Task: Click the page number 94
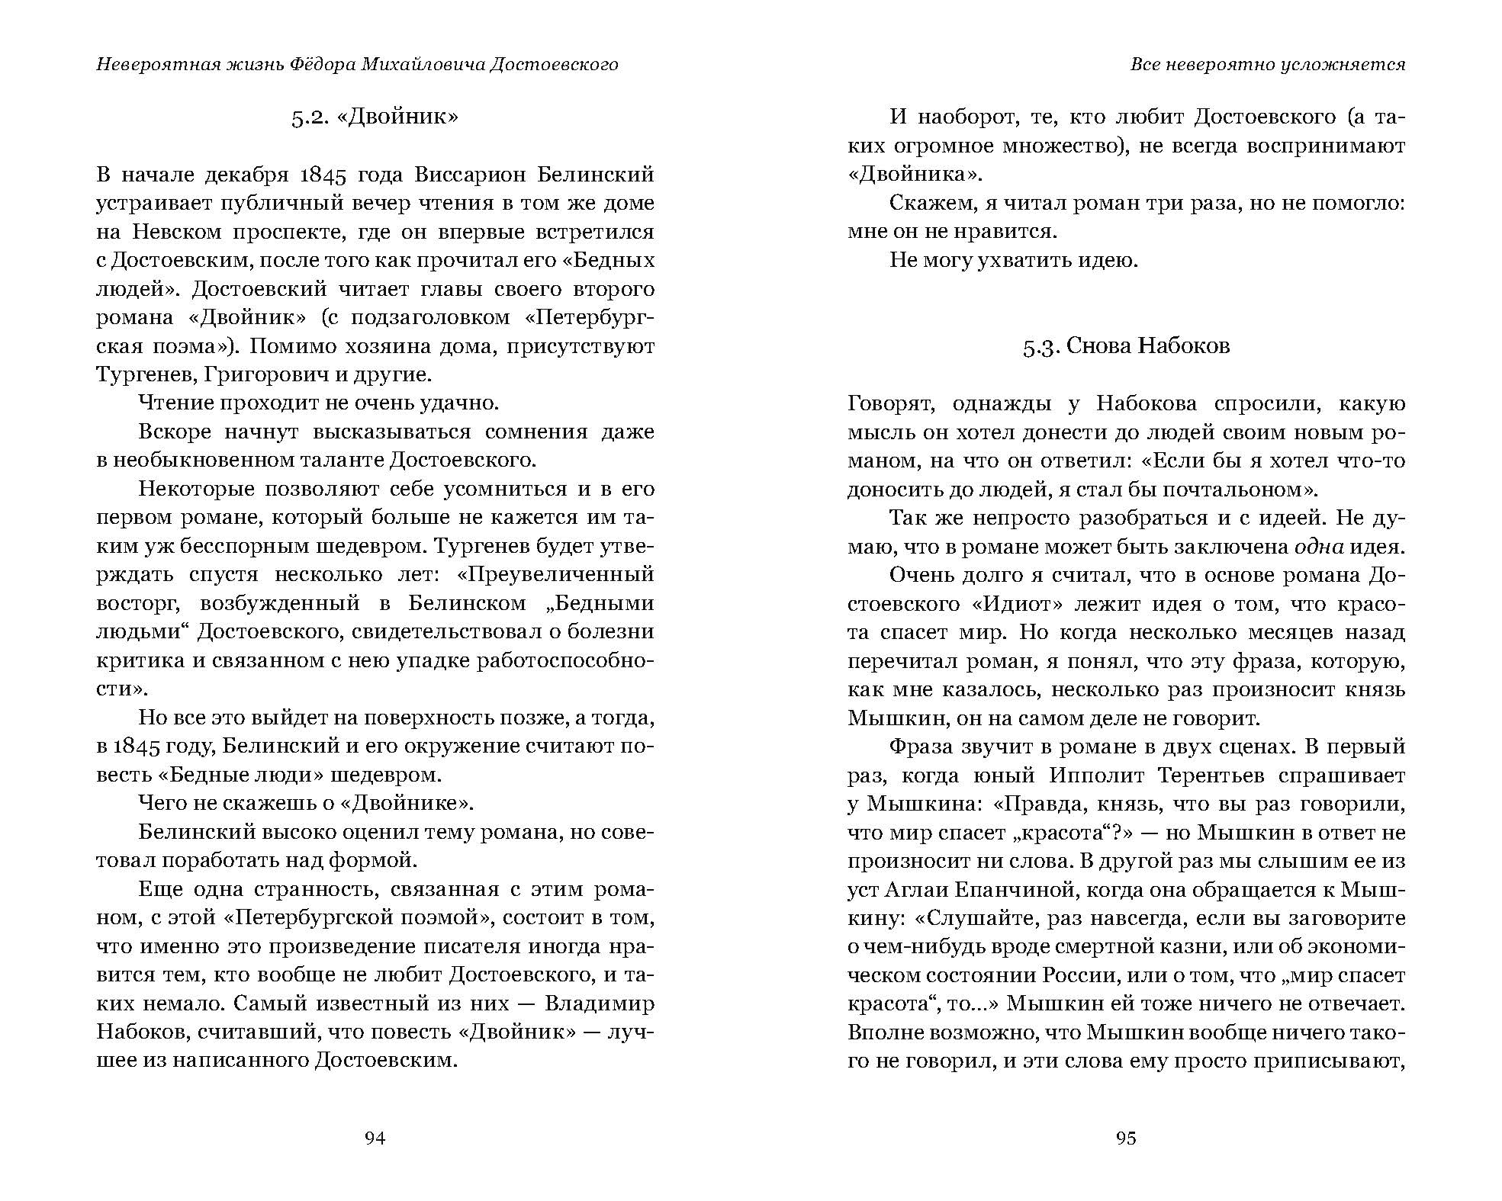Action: tap(375, 1138)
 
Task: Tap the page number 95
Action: tap(1126, 1138)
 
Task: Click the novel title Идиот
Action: tap(1012, 604)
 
